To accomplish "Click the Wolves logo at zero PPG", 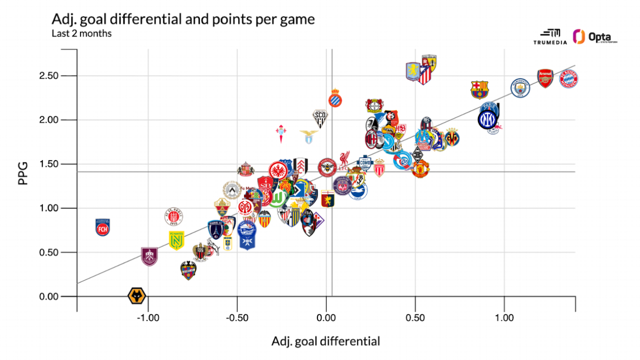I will (x=136, y=296).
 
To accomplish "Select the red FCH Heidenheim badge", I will (x=102, y=227).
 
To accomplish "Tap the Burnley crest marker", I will (x=149, y=256).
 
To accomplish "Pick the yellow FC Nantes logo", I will (x=176, y=240).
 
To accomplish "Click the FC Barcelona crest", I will (x=479, y=89).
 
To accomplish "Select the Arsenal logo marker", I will (x=545, y=78).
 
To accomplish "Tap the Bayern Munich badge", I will (x=568, y=78).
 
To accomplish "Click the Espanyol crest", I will (x=335, y=98).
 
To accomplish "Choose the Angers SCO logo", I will (x=320, y=118).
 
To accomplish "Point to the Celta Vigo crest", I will (x=280, y=134).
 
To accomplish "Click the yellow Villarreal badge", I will (x=452, y=137).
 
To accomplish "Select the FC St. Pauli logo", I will (x=173, y=216).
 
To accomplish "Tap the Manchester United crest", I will (x=420, y=169).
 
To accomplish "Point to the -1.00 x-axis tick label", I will (x=148, y=317).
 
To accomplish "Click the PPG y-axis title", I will (x=22, y=173).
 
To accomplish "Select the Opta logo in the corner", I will (x=595, y=37).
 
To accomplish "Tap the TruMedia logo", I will (x=550, y=37).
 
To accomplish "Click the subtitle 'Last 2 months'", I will (x=81, y=34).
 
